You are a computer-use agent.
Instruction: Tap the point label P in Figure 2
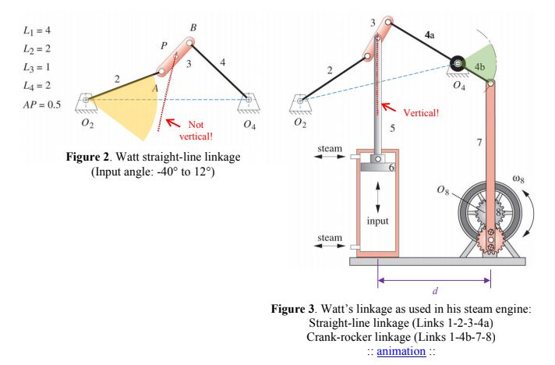[163, 47]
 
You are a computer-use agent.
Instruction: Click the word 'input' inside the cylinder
[377, 221]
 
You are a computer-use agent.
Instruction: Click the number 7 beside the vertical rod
[478, 142]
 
